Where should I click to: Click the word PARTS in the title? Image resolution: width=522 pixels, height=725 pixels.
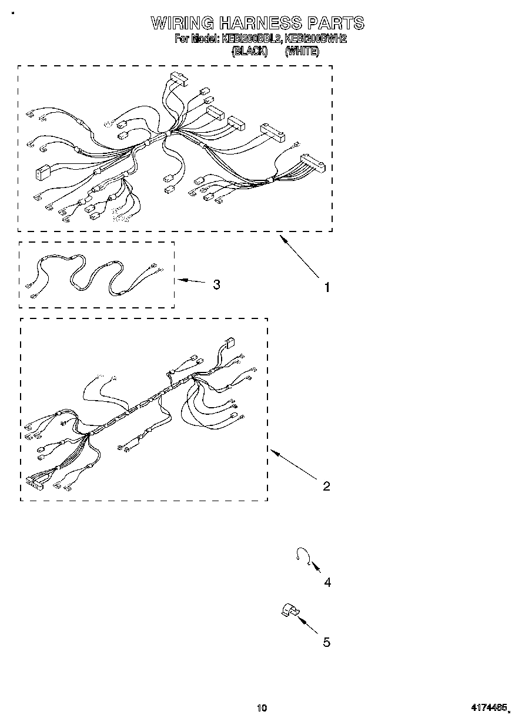(x=334, y=23)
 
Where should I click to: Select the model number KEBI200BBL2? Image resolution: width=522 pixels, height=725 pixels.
(x=251, y=39)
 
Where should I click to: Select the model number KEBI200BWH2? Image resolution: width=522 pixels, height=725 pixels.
(x=316, y=39)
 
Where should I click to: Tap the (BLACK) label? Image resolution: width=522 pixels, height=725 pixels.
(x=250, y=52)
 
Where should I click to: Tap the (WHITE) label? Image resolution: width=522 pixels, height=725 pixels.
(x=302, y=52)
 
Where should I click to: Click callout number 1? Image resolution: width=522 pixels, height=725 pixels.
(x=327, y=287)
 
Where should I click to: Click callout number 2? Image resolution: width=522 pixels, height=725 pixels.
(x=326, y=486)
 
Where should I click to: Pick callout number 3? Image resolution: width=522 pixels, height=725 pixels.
(x=217, y=284)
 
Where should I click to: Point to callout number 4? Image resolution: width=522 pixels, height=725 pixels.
(x=327, y=582)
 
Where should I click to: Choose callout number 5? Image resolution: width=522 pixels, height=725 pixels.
(x=327, y=642)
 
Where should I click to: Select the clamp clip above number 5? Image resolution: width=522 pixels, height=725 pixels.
(x=288, y=610)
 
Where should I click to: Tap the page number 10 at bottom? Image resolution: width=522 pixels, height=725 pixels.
(x=262, y=707)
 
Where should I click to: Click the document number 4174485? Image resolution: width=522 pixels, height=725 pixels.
(x=487, y=707)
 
